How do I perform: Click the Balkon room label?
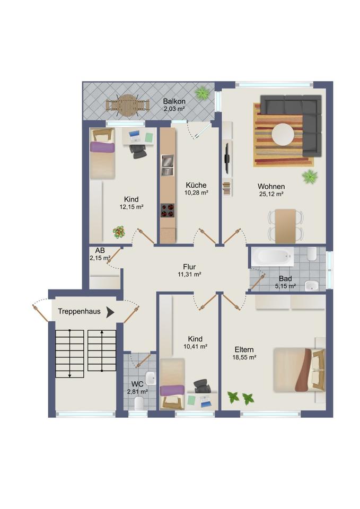click(174, 101)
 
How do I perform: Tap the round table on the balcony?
click(128, 106)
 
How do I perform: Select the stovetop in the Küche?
click(167, 210)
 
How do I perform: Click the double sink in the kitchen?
click(168, 165)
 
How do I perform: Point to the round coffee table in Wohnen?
click(283, 134)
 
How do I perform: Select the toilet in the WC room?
click(139, 403)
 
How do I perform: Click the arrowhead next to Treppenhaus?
click(110, 312)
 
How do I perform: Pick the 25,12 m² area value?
click(271, 194)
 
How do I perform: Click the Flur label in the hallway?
click(189, 267)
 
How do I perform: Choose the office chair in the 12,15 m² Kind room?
click(138, 150)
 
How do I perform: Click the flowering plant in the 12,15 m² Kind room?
click(119, 232)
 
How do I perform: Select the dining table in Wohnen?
click(285, 226)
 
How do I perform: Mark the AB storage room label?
click(100, 251)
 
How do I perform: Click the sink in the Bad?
click(312, 286)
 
